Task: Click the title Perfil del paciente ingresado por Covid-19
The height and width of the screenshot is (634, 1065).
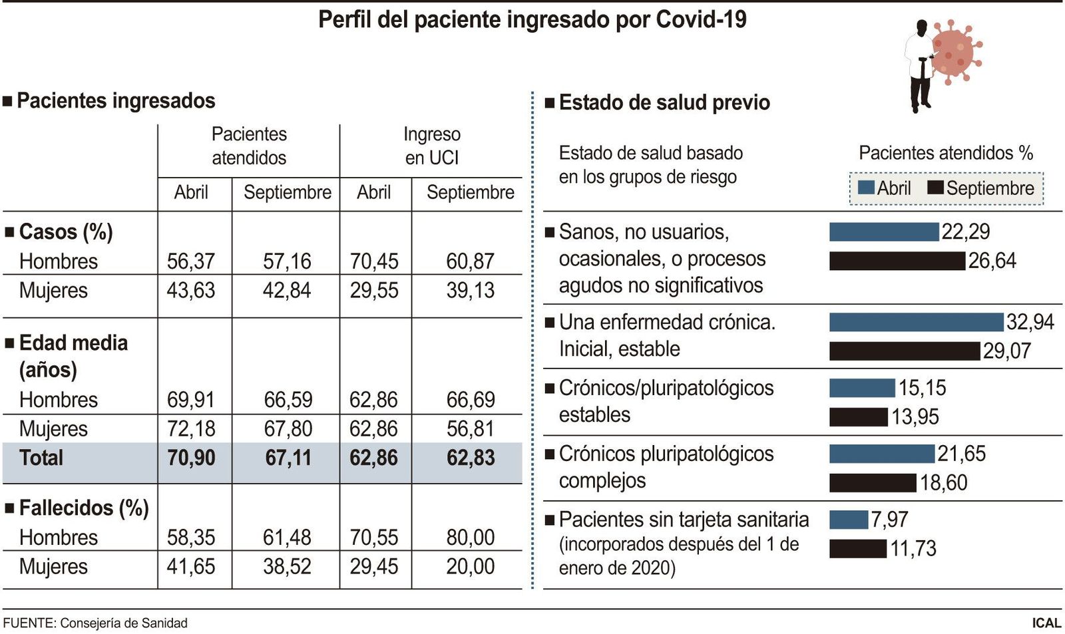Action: (x=532, y=19)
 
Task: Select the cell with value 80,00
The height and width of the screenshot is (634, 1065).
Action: (x=470, y=537)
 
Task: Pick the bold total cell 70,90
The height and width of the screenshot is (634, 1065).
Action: (x=191, y=458)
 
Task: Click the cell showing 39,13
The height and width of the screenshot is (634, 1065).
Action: (x=470, y=290)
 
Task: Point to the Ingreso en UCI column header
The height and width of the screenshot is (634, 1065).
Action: (x=431, y=146)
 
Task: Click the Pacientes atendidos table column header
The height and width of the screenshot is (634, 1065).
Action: (x=249, y=146)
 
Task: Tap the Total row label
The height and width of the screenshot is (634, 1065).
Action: (x=41, y=458)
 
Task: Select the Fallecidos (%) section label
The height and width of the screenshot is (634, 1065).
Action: (x=83, y=508)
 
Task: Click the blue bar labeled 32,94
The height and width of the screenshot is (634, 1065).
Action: (x=915, y=322)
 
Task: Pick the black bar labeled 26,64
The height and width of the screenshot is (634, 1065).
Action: (x=897, y=261)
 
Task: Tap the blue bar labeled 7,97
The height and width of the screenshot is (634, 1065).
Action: (x=848, y=520)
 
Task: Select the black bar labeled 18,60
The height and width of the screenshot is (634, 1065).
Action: (x=872, y=482)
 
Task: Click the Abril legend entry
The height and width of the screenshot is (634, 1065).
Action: (x=885, y=188)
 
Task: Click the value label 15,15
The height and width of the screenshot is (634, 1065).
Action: (x=922, y=388)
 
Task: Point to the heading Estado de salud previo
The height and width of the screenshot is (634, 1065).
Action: (x=664, y=102)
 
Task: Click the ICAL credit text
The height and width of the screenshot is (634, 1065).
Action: (x=1046, y=623)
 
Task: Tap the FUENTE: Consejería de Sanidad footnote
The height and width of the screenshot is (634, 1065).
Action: (x=95, y=623)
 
